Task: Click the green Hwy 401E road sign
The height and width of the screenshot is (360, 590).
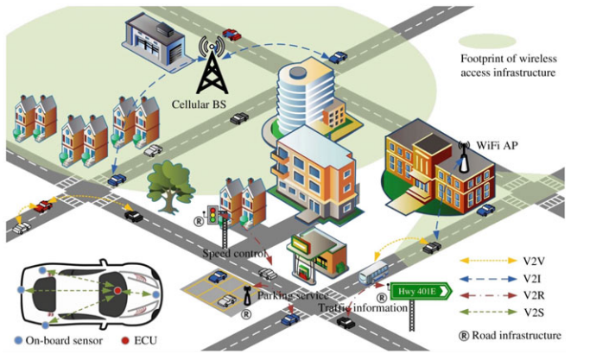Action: [421, 291]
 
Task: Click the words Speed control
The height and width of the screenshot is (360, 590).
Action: [233, 253]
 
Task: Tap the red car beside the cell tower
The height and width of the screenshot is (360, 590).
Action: [231, 35]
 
